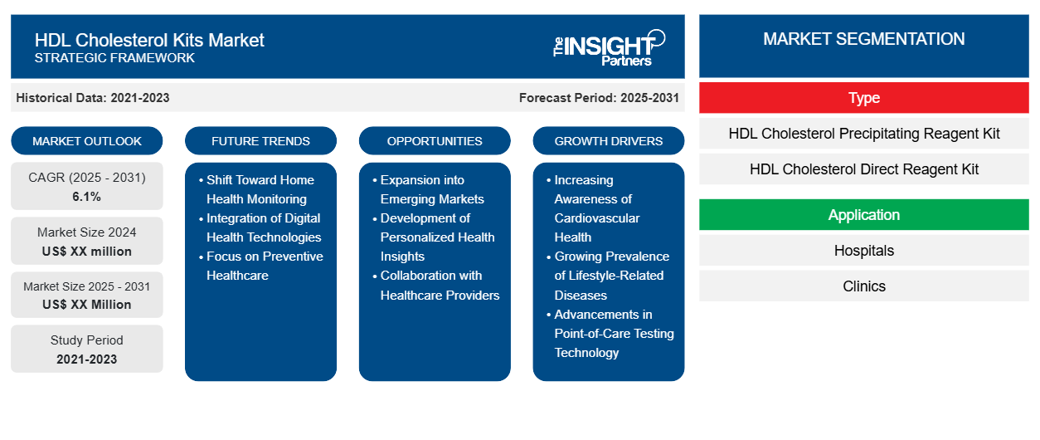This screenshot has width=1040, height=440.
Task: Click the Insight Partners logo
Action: [609, 46]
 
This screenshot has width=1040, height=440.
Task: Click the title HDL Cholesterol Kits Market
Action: [149, 39]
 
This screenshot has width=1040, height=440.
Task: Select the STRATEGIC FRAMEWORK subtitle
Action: [114, 58]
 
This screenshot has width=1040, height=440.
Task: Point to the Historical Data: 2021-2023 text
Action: [93, 98]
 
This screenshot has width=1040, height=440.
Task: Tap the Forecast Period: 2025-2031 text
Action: [599, 98]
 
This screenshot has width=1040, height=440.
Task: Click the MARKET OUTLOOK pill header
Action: [87, 141]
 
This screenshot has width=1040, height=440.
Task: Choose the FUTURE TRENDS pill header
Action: [260, 141]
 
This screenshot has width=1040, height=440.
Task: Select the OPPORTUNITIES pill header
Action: [435, 141]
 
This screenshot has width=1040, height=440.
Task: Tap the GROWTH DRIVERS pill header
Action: [609, 141]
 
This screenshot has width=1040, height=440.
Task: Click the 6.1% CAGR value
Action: [87, 197]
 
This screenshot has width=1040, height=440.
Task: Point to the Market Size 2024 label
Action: [87, 232]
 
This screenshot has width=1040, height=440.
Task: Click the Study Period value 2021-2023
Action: [87, 359]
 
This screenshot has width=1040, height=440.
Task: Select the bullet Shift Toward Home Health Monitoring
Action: [260, 189]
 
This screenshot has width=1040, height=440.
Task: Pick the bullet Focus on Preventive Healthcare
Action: [264, 266]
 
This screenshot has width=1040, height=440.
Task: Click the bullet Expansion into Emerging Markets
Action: [432, 189]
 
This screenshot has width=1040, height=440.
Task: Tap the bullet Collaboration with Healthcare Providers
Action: [440, 285]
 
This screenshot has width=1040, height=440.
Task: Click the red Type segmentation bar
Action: [863, 98]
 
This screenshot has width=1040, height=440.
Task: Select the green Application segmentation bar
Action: [863, 215]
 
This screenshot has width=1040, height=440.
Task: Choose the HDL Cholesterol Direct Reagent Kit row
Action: [863, 169]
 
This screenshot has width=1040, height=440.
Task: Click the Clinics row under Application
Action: [863, 286]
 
